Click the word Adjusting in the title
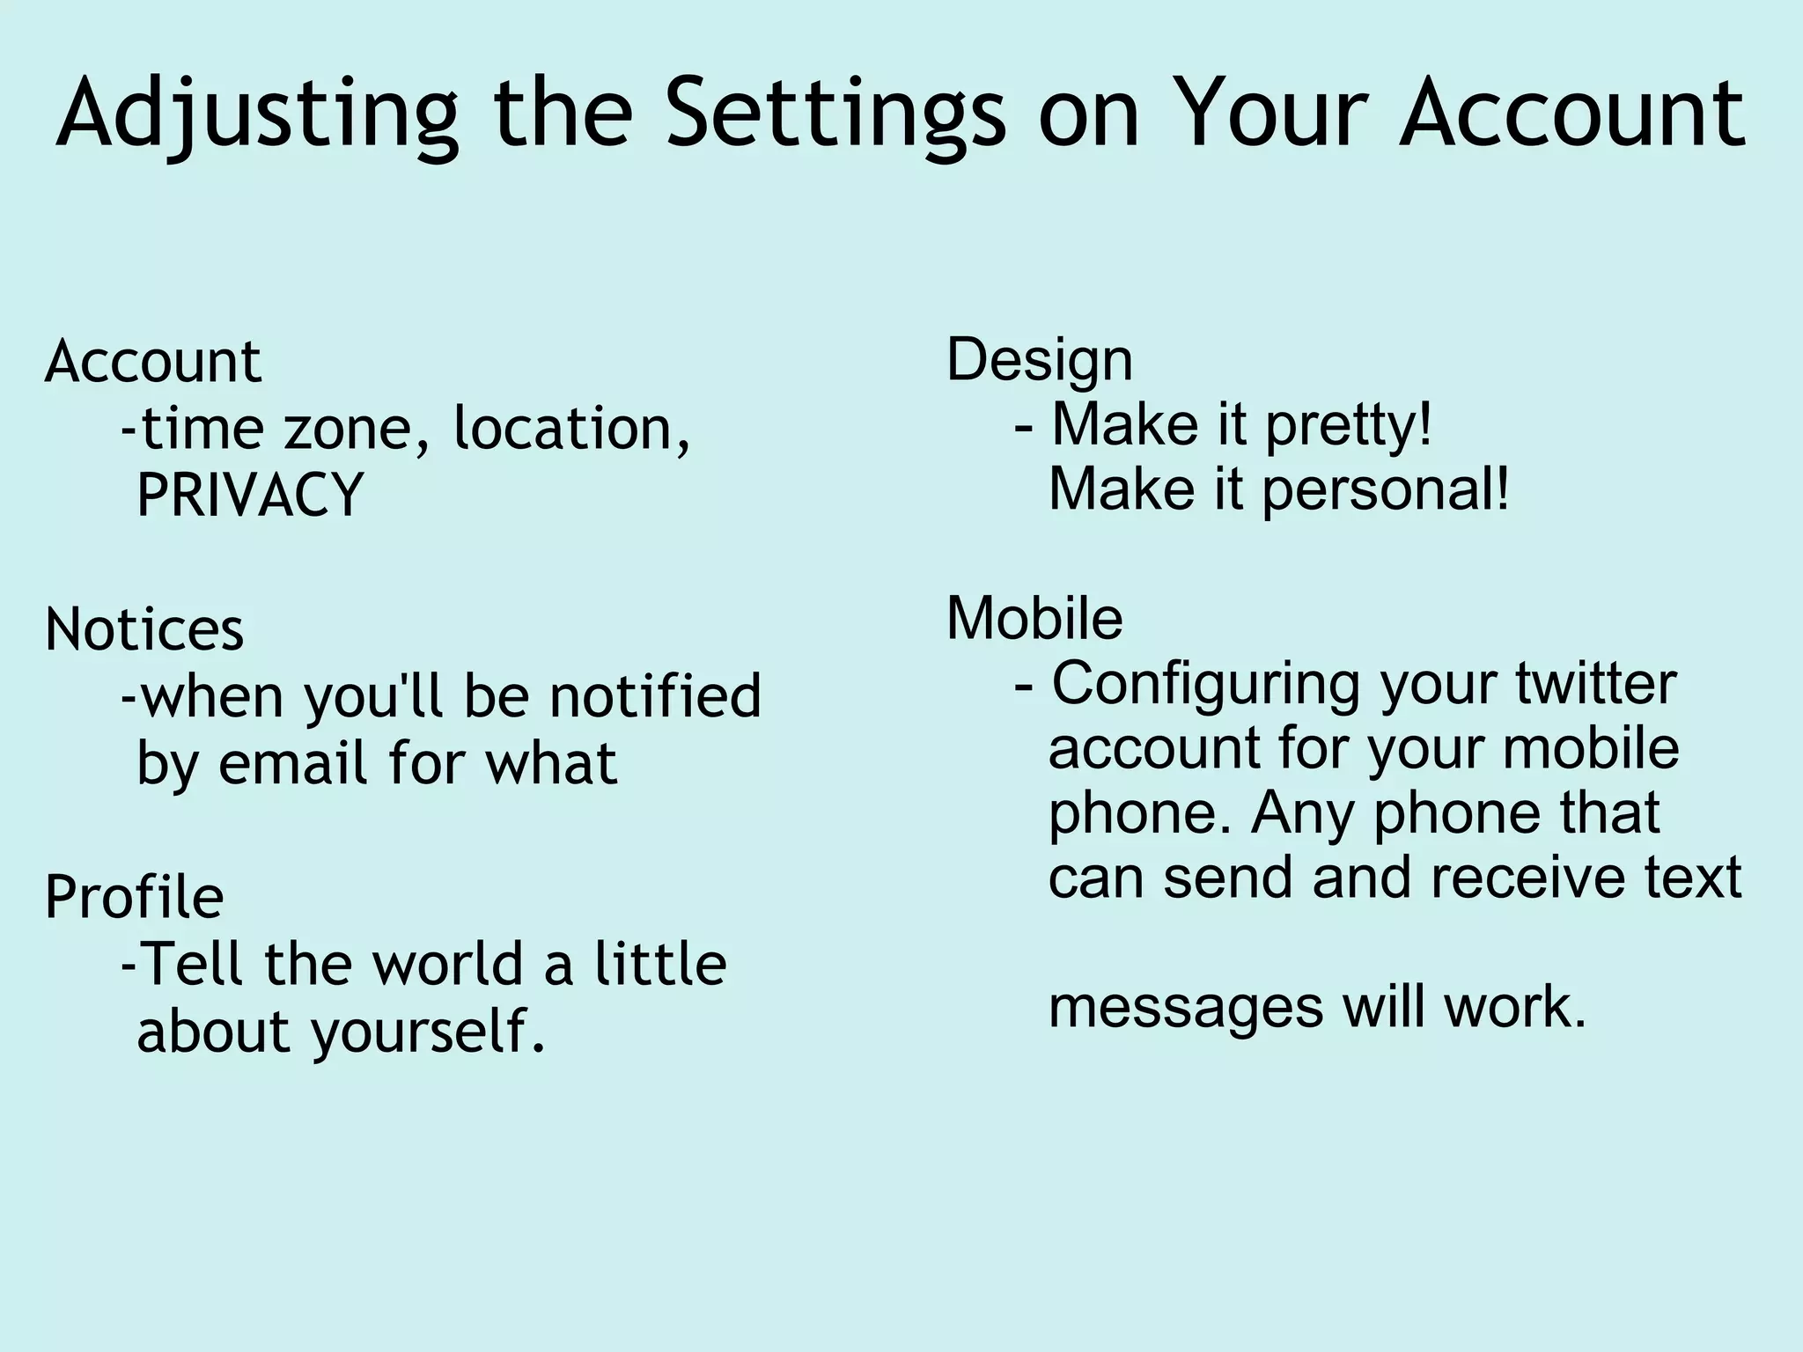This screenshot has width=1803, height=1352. (x=257, y=114)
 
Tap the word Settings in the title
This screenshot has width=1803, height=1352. (x=835, y=114)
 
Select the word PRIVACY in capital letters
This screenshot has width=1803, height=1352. (x=250, y=495)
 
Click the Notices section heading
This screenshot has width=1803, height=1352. (x=144, y=630)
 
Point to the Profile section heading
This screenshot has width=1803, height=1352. (x=135, y=898)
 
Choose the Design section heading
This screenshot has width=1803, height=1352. (x=1040, y=361)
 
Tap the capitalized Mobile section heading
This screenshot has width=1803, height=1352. (x=1034, y=618)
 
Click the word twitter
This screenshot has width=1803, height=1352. (x=1595, y=684)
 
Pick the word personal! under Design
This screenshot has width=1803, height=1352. (x=1386, y=490)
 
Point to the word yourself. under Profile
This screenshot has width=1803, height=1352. (x=429, y=1031)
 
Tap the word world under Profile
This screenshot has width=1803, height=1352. (x=448, y=964)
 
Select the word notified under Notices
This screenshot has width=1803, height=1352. (x=655, y=696)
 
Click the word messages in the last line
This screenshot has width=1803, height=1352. (x=1186, y=1008)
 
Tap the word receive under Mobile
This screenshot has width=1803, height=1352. (x=1527, y=878)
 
